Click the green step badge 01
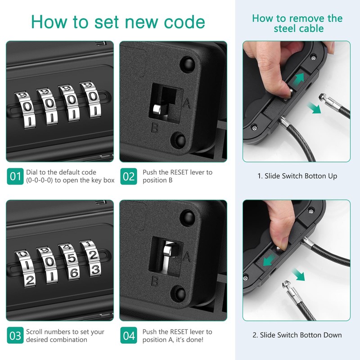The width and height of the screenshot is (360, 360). coord(15,176)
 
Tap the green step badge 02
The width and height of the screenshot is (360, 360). coord(129,176)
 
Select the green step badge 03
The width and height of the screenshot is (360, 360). coord(15,336)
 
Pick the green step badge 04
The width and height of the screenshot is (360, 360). coord(129,336)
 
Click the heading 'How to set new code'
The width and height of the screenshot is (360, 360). coord(118,21)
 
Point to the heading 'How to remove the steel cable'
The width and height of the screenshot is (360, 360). coord(297,23)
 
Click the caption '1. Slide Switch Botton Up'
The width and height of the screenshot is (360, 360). coord(297,176)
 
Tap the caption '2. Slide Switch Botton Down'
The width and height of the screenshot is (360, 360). coord(297,335)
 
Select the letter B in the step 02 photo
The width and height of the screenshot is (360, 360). coord(154,128)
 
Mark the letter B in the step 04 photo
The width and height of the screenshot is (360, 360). coord(154,282)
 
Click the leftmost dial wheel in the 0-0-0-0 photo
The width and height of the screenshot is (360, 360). coord(23,106)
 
